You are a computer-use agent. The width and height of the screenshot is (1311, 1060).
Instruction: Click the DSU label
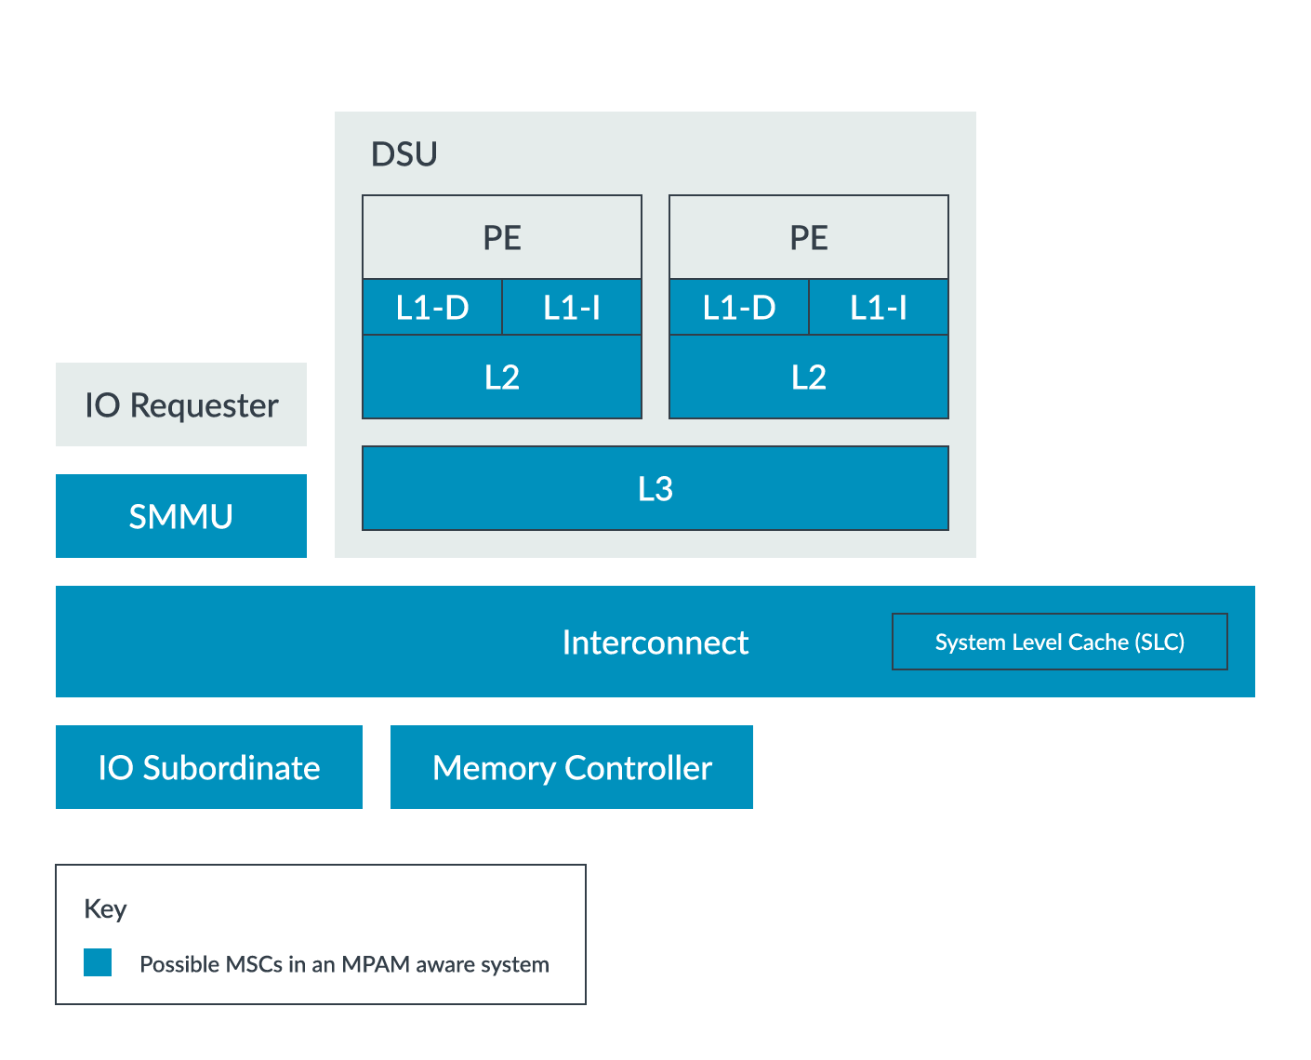404,154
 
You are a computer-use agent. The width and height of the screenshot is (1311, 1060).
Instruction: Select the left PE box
502,237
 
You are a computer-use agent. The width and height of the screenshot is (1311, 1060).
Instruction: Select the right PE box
809,237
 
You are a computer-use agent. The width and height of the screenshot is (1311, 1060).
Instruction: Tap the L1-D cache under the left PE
432,308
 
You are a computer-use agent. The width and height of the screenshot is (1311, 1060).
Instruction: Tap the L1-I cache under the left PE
572,308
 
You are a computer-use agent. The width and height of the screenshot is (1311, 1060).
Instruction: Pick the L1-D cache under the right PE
739,308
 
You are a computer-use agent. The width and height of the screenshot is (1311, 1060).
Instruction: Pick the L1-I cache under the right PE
879,308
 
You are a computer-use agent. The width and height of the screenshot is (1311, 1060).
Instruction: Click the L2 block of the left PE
502,378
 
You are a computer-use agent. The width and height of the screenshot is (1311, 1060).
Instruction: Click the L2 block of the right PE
809,378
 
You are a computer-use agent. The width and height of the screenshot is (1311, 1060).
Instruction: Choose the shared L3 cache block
655,489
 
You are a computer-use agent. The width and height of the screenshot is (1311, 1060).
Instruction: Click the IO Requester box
181,405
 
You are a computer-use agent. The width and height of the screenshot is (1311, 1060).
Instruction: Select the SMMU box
181,517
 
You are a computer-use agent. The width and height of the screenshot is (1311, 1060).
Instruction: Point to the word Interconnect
655,643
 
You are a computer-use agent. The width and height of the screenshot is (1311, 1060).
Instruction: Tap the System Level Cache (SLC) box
1060,643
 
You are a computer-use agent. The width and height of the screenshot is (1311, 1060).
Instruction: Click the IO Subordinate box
209,768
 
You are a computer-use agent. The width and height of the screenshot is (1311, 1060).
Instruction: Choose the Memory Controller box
572,768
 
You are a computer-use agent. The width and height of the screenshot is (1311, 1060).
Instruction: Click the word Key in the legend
105,908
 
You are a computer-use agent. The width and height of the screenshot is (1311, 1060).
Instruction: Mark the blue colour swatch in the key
98,962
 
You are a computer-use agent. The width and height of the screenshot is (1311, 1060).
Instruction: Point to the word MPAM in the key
376,964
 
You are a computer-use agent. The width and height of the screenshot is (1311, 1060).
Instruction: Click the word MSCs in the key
250,964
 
